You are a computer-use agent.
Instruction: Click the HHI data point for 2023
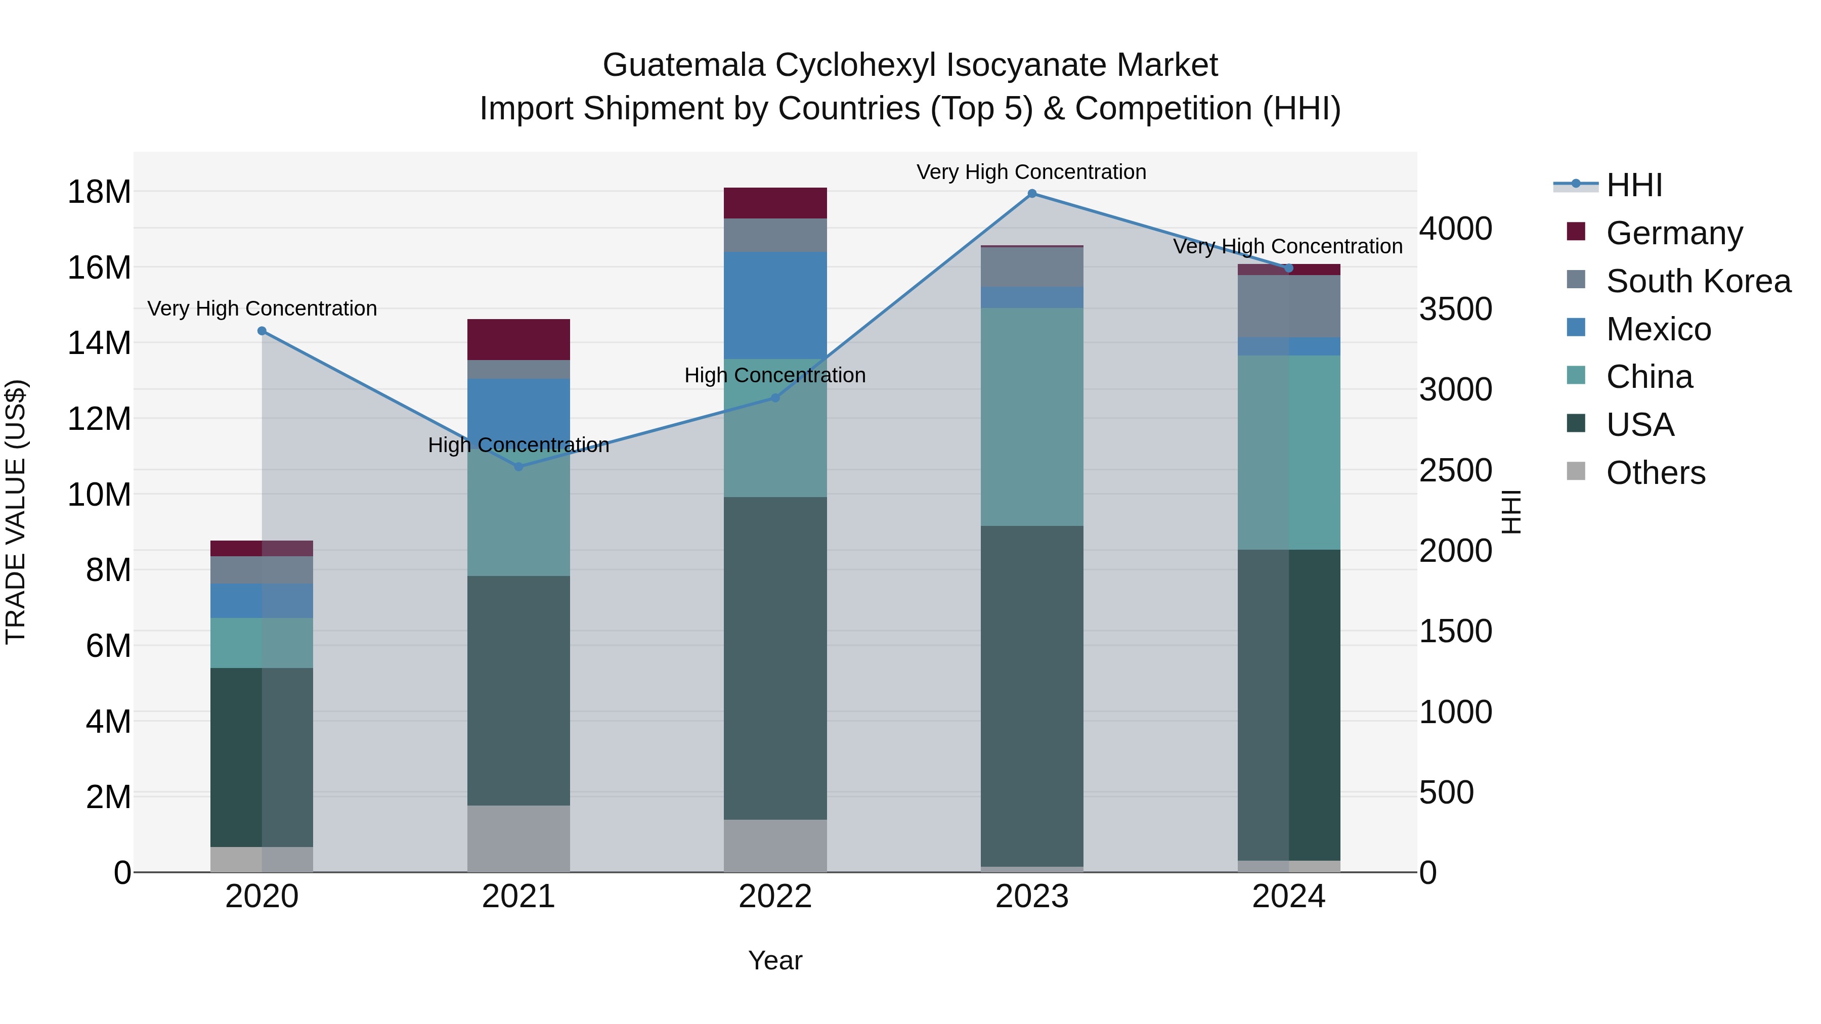[x=1031, y=194]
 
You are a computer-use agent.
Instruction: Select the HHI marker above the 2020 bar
[x=262, y=331]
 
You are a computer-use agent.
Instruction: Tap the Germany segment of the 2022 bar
[x=775, y=203]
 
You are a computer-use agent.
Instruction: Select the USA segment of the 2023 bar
[x=1031, y=696]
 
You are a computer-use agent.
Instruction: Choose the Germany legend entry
[x=1674, y=233]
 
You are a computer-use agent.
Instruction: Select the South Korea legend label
[x=1698, y=281]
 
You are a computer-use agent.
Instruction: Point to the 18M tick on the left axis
[x=99, y=192]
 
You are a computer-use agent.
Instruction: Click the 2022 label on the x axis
[x=775, y=897]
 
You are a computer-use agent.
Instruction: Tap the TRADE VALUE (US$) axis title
[x=16, y=512]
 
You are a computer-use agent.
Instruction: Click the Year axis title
[x=775, y=960]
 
